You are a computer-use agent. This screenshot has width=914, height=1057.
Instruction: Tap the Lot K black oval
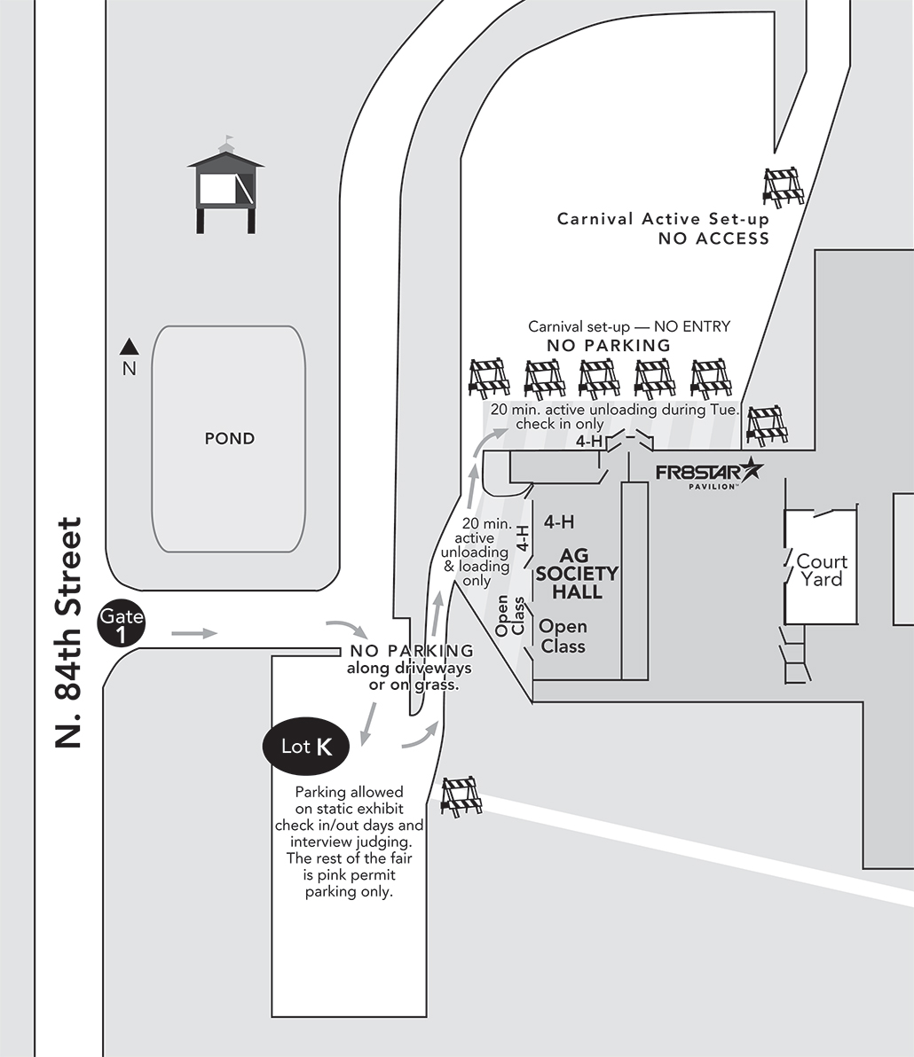point(306,747)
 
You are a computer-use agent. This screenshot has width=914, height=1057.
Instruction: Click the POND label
point(230,438)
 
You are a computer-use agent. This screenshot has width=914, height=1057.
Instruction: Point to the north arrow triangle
point(130,346)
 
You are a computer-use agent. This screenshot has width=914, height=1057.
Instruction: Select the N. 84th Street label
point(67,633)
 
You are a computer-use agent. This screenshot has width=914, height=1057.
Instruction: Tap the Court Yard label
point(822,570)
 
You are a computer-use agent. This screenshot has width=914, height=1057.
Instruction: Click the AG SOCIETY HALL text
point(577,575)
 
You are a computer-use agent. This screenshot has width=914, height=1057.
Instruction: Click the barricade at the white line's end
point(461,795)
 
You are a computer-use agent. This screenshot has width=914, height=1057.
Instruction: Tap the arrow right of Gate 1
point(194,633)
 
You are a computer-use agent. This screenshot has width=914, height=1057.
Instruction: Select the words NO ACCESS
point(713,238)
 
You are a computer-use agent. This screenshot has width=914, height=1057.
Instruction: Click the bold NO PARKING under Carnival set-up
point(609,345)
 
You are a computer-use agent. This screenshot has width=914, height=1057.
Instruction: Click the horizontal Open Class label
point(563,637)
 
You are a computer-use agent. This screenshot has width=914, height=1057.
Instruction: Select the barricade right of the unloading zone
point(767,426)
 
